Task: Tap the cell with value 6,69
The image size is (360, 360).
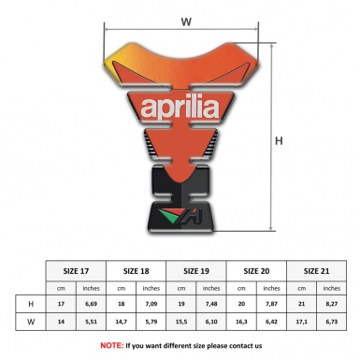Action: tap(92, 304)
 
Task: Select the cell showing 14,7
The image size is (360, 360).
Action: tap(122, 323)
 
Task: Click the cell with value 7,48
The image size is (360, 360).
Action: tap(211, 304)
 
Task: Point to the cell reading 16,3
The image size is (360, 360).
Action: tap(241, 323)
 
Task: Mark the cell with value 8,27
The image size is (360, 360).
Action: tap(331, 304)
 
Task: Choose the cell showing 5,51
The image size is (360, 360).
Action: tap(92, 323)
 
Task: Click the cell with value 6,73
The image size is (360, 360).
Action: tap(331, 323)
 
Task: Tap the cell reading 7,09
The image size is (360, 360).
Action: tap(151, 304)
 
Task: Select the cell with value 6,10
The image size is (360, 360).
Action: tap(211, 323)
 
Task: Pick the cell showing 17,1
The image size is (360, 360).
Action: tap(301, 323)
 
